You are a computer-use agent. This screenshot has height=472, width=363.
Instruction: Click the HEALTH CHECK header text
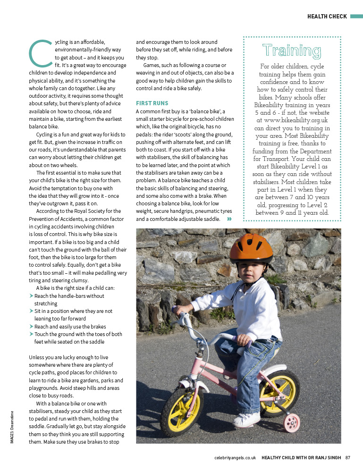pyautogui.click(x=327, y=17)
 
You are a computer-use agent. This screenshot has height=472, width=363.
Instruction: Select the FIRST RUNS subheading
pyautogui.click(x=152, y=103)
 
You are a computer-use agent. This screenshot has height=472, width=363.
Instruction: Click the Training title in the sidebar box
pyautogui.click(x=292, y=51)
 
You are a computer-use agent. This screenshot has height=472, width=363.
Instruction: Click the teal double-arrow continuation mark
pyautogui.click(x=229, y=219)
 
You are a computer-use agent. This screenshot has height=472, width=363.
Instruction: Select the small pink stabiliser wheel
pyautogui.click(x=292, y=423)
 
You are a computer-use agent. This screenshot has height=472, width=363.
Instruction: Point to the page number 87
pyautogui.click(x=347, y=457)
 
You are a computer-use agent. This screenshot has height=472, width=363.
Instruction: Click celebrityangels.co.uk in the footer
pyautogui.click(x=235, y=457)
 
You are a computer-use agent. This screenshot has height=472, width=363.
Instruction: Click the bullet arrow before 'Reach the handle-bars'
pyautogui.click(x=31, y=296)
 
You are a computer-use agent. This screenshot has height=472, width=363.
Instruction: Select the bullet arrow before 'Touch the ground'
pyautogui.click(x=31, y=334)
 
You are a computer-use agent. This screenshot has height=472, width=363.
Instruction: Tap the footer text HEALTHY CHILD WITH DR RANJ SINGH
pyautogui.click(x=301, y=457)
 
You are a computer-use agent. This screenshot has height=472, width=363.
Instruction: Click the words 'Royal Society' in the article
pyautogui.click(x=88, y=211)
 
